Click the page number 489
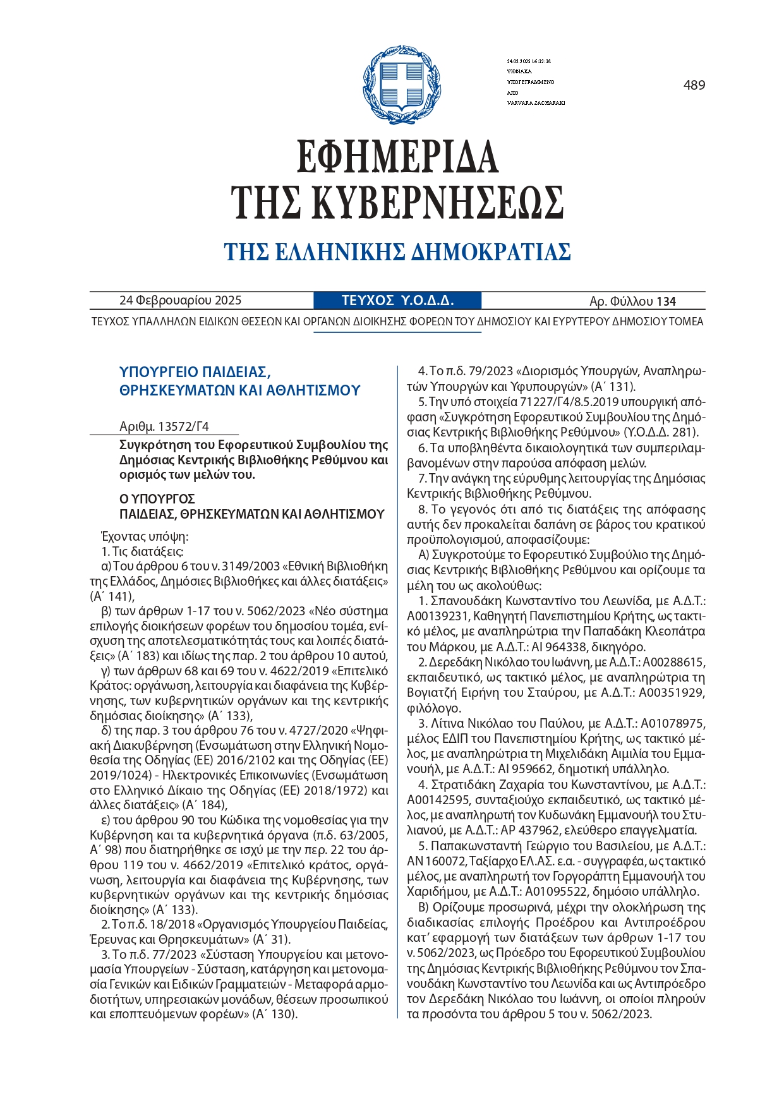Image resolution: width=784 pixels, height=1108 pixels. pos(694,85)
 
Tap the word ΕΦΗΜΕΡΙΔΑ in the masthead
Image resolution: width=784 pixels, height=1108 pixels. pos(397,155)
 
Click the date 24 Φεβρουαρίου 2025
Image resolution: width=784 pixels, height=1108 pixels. pos(181,301)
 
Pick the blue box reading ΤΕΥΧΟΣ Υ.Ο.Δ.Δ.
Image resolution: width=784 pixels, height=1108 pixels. pos(397,301)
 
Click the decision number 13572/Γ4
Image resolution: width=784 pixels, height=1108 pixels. pos(183,427)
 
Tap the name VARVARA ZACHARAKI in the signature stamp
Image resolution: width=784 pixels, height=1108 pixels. pos(536,103)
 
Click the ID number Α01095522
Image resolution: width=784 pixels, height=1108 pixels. pos(553,891)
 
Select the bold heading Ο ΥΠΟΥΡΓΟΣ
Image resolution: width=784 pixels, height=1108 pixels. pos(157,499)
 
